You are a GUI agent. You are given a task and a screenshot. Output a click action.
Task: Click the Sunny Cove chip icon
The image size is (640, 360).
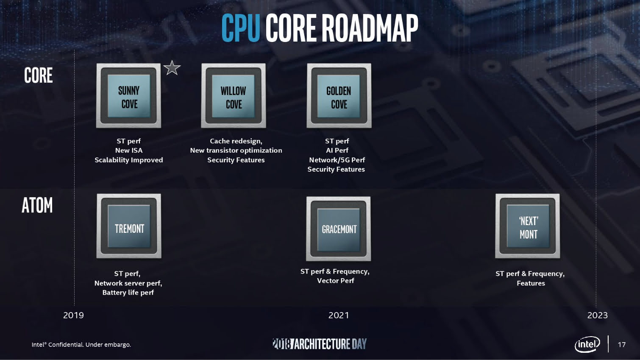128,96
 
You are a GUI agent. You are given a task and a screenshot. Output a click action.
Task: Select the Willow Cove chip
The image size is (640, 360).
234,96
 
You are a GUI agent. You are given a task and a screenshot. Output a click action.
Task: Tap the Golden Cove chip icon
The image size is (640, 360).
339,96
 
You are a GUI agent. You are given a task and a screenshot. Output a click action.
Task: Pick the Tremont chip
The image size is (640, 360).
129,226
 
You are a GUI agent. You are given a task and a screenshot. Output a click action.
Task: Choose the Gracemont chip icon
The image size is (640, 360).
339,229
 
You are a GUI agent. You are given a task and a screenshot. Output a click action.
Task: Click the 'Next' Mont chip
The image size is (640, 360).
528,226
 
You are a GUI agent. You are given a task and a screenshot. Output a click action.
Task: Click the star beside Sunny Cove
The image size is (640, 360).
172,68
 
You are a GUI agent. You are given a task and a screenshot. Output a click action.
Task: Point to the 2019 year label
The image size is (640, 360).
73,315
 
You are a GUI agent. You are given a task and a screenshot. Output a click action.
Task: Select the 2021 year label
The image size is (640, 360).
339,315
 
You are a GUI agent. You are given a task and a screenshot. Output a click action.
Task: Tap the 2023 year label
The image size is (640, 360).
597,315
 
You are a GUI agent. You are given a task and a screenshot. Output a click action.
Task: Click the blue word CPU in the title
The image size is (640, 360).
240,28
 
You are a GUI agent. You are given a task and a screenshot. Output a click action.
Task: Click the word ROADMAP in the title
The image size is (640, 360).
370,28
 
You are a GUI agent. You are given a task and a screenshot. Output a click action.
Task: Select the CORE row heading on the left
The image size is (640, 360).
39,75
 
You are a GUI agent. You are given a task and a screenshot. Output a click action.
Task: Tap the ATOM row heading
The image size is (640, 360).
37,205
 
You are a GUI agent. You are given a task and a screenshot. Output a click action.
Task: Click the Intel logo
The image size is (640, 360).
587,344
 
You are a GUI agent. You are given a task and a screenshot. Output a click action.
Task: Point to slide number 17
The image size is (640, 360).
621,344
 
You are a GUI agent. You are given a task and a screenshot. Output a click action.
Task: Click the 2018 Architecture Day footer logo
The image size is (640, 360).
320,344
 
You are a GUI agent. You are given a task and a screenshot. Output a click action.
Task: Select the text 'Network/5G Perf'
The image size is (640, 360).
337,160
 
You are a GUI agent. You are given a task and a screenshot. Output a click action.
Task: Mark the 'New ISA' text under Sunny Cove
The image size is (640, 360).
129,150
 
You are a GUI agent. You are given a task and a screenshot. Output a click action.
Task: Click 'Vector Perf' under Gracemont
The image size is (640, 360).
335,280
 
